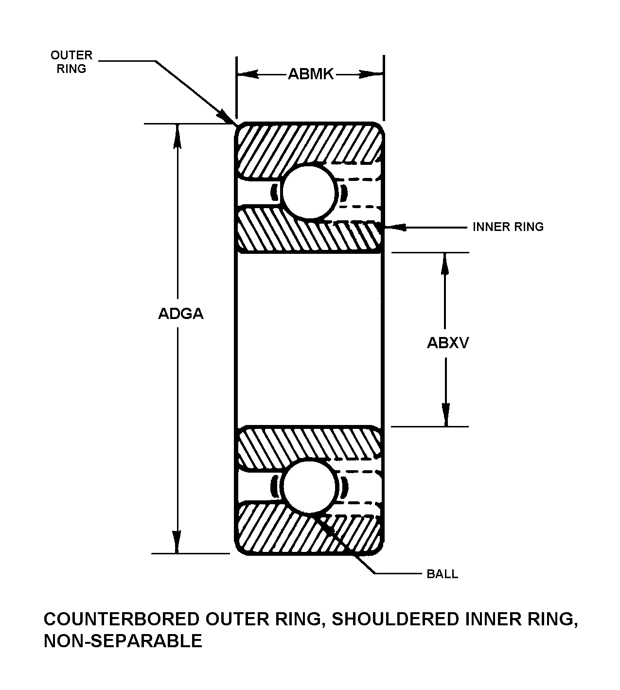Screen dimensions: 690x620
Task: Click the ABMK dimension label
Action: pos(311,74)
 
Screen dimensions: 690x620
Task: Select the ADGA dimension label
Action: pos(181,314)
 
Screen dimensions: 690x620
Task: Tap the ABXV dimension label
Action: pos(448,343)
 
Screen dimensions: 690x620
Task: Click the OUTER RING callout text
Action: pos(71,62)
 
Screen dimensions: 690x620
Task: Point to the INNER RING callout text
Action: pos(508,227)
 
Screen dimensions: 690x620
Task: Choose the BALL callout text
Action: pos(442,574)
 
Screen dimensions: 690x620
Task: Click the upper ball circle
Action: pos(309,192)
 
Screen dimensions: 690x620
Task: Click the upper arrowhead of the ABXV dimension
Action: pos(444,263)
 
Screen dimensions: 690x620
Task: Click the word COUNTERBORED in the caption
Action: pos(121,619)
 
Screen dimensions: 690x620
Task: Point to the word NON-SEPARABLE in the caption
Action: pos(123,641)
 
